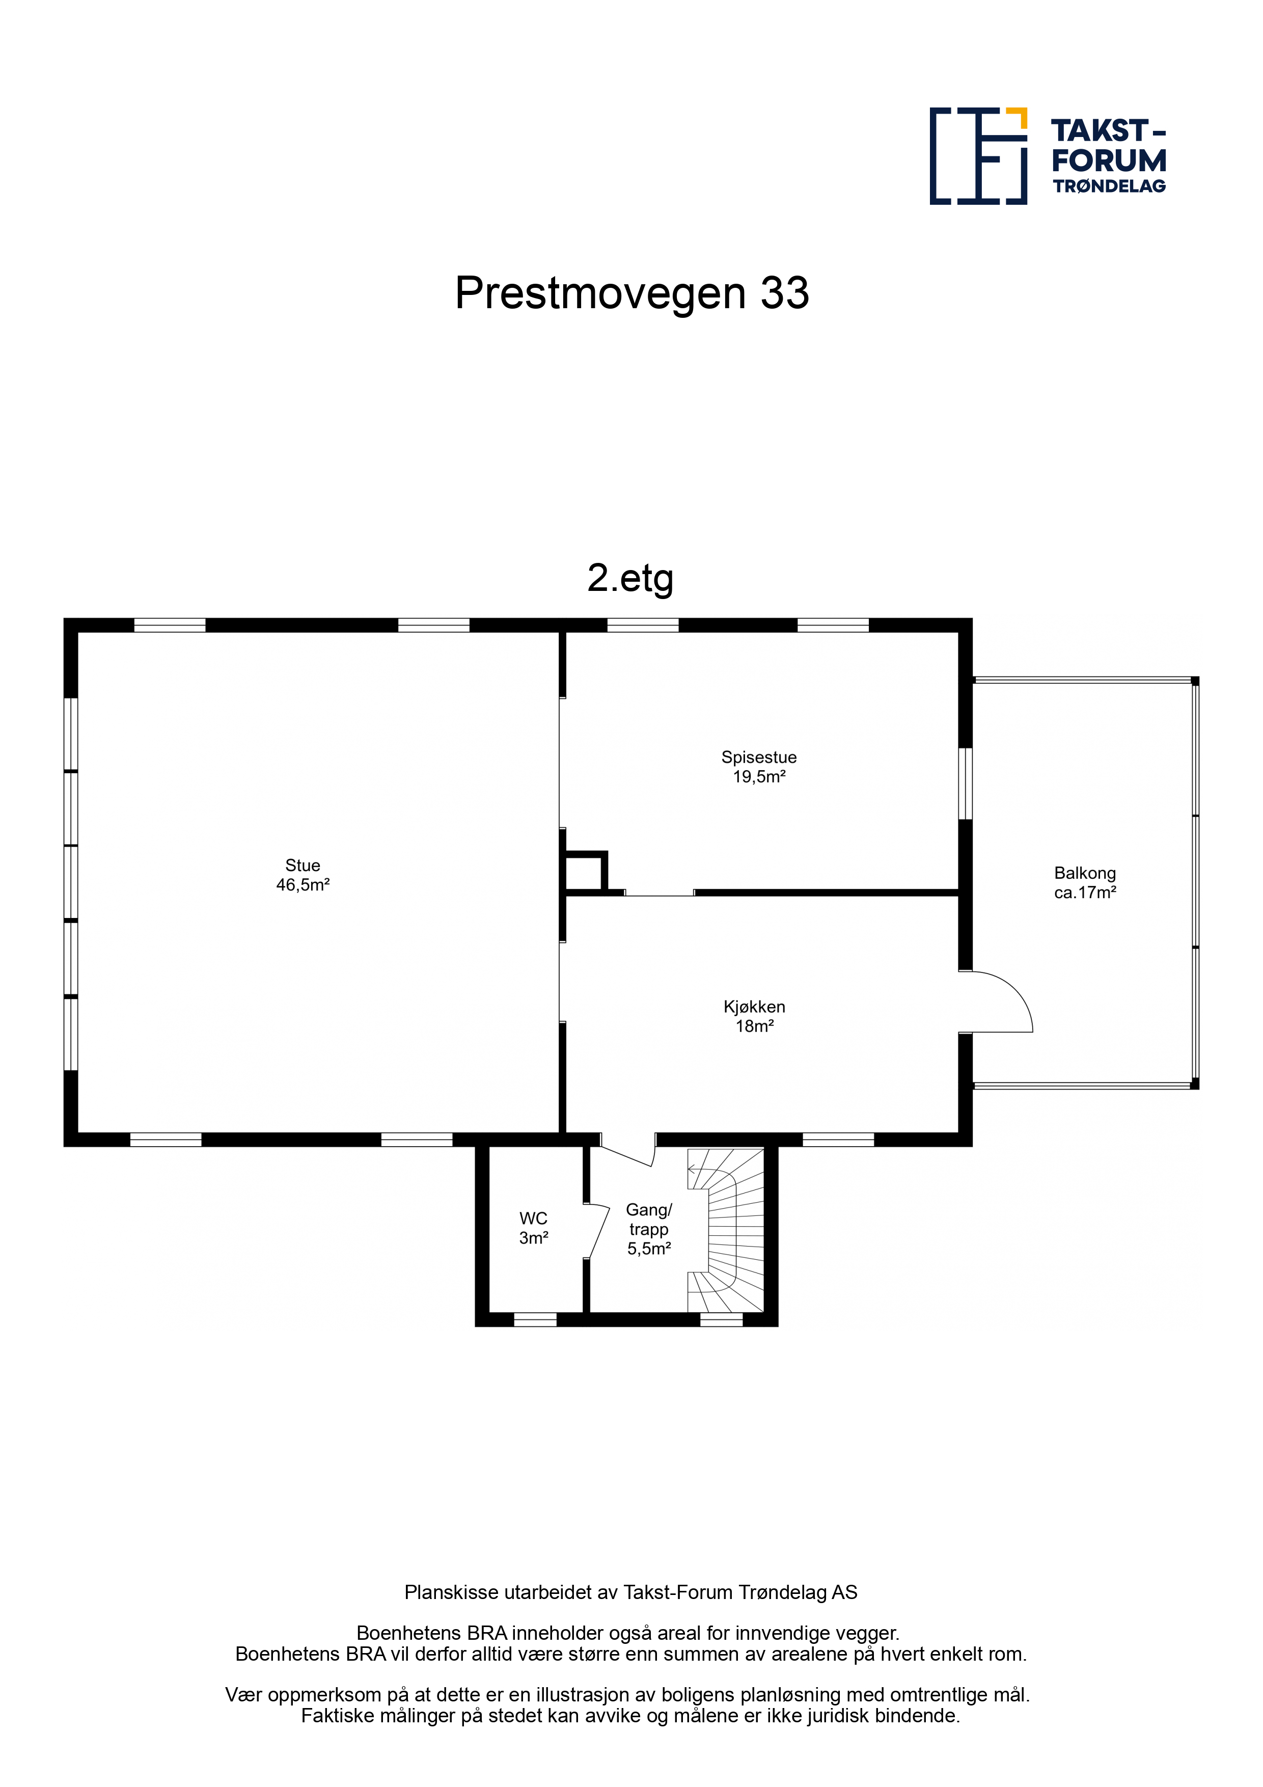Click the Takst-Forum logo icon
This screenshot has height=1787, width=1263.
pos(978,156)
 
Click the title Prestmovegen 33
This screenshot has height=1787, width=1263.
pos(632,293)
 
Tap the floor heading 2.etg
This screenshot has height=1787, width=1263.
pos(630,578)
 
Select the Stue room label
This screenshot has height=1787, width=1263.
pos(303,865)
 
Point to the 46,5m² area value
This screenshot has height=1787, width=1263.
pos(303,885)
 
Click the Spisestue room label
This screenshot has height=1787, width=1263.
pos(759,757)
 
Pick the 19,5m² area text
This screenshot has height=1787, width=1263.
pos(759,777)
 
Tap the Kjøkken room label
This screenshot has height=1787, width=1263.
pos(754,1007)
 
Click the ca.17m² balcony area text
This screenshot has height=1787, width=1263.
pos(1085,892)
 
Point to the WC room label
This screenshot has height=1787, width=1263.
pos(533,1219)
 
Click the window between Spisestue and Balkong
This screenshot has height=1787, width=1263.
pos(965,784)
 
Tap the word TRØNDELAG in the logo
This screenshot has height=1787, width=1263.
pos(1109,186)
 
